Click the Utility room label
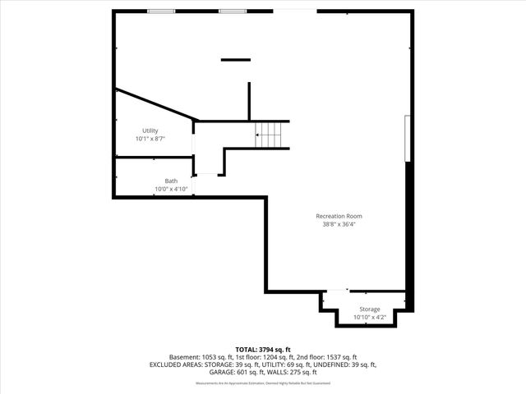pos(150,131)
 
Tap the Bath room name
pos(171,181)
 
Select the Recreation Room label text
pos(339,216)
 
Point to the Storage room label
pos(369,309)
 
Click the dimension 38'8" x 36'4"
pos(339,224)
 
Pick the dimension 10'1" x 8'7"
pos(150,139)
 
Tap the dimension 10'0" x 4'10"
pos(171,190)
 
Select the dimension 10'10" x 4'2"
pos(369,318)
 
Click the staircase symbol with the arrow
pos(269,135)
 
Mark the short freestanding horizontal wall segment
pos(235,59)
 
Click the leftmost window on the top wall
pos(161,11)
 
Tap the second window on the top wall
pos(231,11)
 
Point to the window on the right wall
pos(407,140)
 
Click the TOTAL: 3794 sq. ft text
pos(262,349)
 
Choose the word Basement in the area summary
pos(184,357)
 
